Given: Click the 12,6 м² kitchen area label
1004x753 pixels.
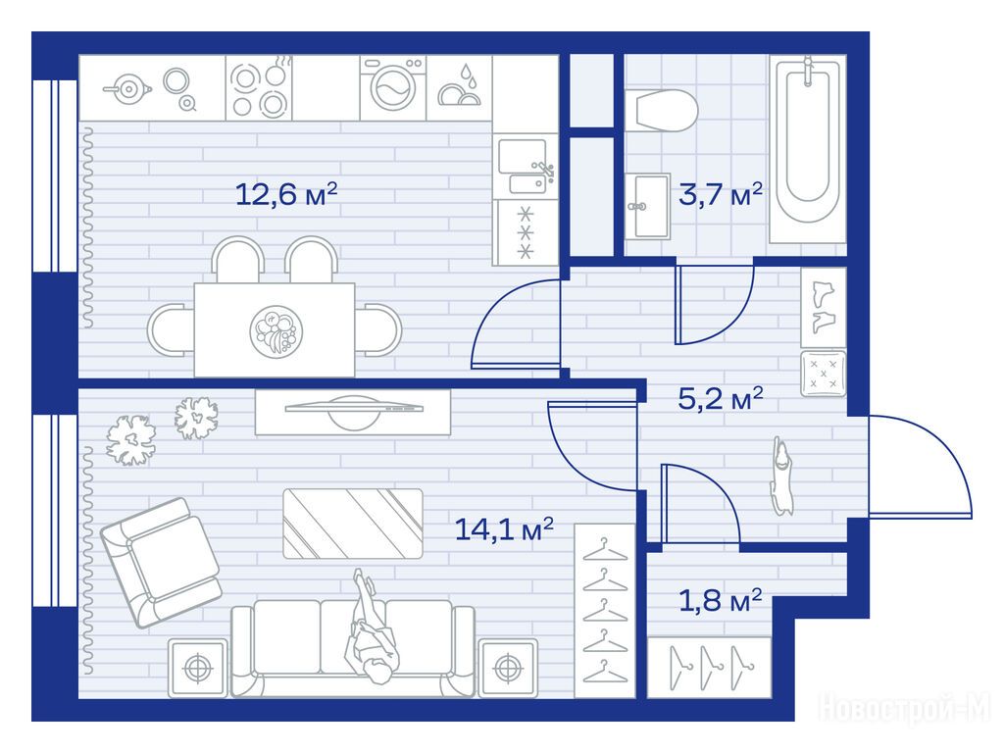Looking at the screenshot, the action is pos(286,194).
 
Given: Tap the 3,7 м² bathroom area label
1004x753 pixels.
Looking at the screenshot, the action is pos(721,194).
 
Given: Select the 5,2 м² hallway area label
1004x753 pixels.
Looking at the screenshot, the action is pos(721,399).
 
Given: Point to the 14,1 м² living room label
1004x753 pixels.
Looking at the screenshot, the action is pos(504,529).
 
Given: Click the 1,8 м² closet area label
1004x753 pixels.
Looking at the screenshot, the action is pos(720,601).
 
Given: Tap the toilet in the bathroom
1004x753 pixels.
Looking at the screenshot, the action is pos(661,111).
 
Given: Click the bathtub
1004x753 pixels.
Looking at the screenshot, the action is pos(808,150).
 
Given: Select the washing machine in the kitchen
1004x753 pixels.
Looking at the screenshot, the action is pos(393,87).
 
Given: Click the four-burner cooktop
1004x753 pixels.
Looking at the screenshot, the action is pos(259,87).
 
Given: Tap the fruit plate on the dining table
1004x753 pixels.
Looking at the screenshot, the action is pos(276,331).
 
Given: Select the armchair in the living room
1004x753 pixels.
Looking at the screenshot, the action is pos(161,562).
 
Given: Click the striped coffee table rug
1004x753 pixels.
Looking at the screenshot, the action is pos(353,524).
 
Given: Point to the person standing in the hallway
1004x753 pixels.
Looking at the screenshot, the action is pos(781,476).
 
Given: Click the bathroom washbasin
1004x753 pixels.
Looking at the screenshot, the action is pos(648,206).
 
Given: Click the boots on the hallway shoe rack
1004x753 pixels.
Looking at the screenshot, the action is pos(824,307).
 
